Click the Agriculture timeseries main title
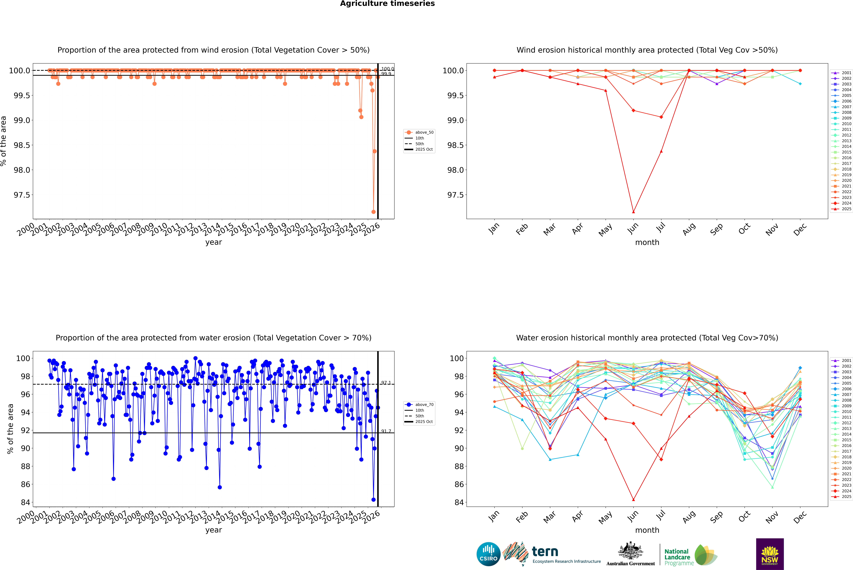(387, 4)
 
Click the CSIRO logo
(488, 554)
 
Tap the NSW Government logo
(770, 554)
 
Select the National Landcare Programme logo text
(677, 557)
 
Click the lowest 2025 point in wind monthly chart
(633, 212)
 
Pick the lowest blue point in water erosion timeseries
(373, 499)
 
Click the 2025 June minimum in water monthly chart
(633, 499)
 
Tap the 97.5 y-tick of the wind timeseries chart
(22, 195)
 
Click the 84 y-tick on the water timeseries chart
(25, 502)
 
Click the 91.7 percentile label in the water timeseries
(386, 431)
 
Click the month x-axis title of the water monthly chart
(647, 530)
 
